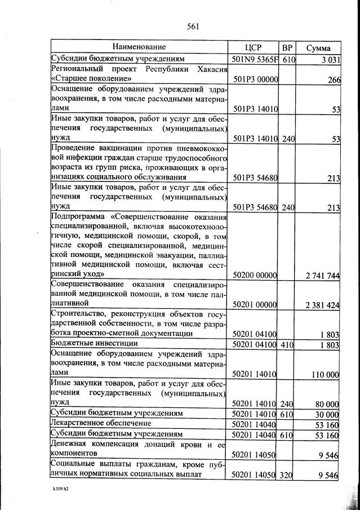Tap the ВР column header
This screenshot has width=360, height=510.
288,48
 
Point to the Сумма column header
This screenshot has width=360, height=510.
318,48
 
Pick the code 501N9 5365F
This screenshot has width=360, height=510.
255,59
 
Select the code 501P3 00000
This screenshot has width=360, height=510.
255,79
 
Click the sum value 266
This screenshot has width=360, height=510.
334,79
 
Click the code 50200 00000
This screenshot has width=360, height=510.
255,275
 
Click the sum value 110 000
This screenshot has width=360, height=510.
325,374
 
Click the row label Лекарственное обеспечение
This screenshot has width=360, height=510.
101,423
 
